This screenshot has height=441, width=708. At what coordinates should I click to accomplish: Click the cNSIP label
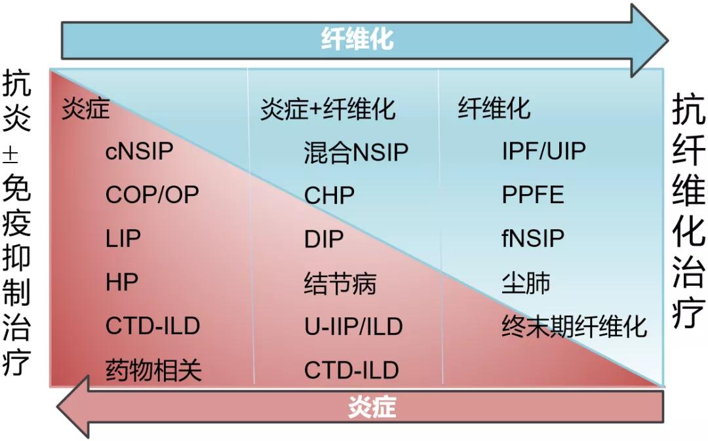139,152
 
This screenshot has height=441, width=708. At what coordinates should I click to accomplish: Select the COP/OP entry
152,195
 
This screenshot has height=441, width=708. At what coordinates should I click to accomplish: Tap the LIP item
123,239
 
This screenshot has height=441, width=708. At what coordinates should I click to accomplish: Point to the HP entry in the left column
121,282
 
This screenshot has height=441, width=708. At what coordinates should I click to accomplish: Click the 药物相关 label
153,370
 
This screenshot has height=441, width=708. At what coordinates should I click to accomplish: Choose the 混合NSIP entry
356,153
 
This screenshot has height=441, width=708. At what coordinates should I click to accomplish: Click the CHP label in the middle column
329,195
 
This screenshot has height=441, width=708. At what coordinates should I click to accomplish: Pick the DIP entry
323,239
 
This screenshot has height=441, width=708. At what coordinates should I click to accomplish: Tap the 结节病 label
340,283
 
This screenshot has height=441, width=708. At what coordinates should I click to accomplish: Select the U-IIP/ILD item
353,326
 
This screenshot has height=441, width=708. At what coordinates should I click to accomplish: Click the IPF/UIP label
543,152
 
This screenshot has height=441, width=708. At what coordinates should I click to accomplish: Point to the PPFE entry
532,195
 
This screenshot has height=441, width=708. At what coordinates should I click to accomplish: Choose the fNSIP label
532,239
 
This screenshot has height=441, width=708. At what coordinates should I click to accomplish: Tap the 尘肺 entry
526,282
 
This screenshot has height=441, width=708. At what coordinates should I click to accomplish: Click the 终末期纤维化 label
574,326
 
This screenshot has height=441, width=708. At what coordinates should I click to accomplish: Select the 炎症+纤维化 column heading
328,109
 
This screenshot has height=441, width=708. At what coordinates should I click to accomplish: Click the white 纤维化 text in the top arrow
357,40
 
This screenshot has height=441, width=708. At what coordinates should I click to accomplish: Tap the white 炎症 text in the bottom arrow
372,408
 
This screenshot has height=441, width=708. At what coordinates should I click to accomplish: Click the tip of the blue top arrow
663,39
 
